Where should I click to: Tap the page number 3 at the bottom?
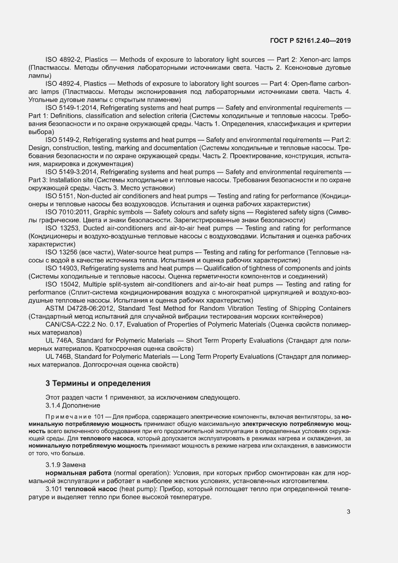click(x=348, y=512)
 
